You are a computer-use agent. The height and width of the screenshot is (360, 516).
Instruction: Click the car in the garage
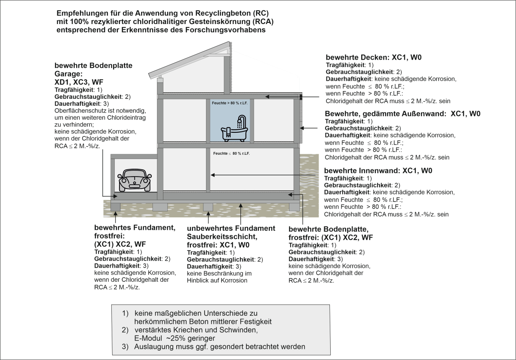coord(135,179)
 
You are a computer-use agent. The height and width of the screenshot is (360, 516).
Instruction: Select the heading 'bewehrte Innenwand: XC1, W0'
coord(378,171)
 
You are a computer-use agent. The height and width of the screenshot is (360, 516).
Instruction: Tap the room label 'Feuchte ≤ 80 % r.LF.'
coord(231,153)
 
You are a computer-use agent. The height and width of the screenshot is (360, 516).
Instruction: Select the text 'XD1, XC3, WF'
coord(79,82)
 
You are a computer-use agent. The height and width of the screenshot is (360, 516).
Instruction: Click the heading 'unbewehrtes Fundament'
coord(231,228)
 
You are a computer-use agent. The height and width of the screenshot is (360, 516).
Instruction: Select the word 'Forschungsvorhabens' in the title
coord(228,30)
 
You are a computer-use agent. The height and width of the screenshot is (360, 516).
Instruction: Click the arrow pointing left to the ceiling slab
coord(292,98)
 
